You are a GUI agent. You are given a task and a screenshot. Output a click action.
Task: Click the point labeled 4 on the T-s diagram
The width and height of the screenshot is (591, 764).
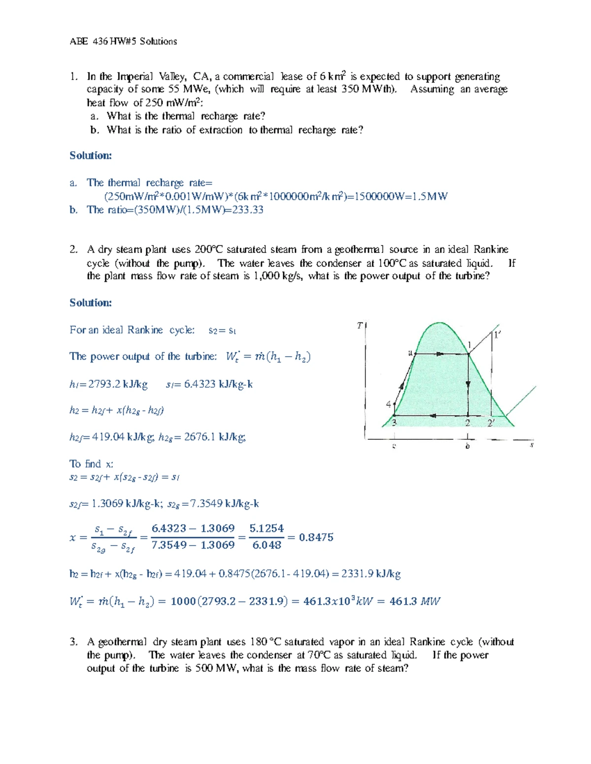388,404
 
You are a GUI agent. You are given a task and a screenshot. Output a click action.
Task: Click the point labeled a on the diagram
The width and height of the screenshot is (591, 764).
410,352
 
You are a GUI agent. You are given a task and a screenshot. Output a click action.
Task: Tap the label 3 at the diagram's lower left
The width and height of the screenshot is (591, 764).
394,423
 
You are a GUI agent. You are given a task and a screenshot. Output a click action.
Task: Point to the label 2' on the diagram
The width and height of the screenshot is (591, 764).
491,423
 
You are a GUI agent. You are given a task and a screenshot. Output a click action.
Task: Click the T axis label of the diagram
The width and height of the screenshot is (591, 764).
360,326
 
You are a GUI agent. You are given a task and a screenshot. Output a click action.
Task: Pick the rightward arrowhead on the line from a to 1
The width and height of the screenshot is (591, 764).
438,353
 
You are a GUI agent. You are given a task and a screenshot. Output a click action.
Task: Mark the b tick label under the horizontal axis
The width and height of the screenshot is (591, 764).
467,446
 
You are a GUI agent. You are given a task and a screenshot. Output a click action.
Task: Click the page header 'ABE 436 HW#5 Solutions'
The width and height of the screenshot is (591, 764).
123,41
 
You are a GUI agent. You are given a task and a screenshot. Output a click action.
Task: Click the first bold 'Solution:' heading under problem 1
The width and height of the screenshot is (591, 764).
91,155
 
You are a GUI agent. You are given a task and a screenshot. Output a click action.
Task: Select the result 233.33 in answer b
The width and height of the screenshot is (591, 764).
248,210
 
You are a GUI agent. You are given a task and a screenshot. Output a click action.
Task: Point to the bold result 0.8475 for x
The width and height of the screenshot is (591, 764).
316,537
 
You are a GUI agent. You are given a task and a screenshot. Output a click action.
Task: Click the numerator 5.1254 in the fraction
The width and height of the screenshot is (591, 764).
266,528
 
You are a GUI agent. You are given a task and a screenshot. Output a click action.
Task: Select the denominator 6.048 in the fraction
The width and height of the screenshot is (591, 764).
266,545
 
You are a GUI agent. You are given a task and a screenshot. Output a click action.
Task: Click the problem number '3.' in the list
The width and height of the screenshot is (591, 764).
74,642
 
